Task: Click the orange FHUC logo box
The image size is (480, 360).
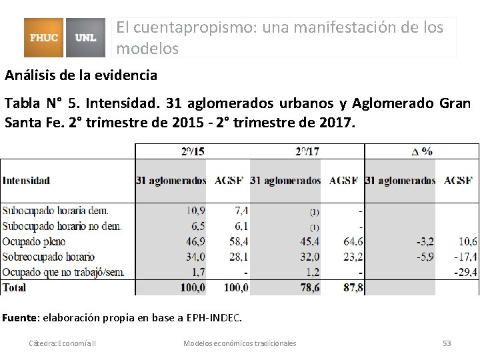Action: pyautogui.click(x=43, y=37)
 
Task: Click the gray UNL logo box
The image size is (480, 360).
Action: pyautogui.click(x=85, y=37)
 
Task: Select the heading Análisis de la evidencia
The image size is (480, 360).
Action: pyautogui.click(x=81, y=75)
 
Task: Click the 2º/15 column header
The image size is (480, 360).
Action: pyautogui.click(x=192, y=151)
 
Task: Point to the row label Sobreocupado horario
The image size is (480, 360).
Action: pyautogui.click(x=49, y=257)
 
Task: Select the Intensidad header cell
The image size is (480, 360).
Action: pyautogui.click(x=27, y=180)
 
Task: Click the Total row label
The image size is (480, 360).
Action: pyautogui.click(x=15, y=287)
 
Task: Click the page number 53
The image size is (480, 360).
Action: pyautogui.click(x=447, y=343)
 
